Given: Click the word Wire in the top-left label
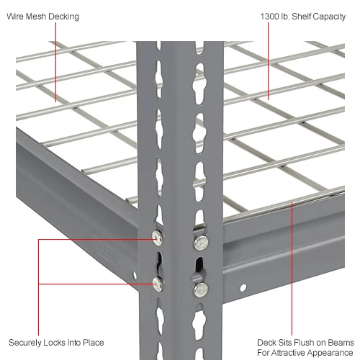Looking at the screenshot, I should [17, 17].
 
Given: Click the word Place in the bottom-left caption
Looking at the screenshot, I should [93, 342].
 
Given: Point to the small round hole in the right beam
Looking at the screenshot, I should [243, 287].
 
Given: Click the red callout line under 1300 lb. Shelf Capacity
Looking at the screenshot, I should [268, 65].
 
